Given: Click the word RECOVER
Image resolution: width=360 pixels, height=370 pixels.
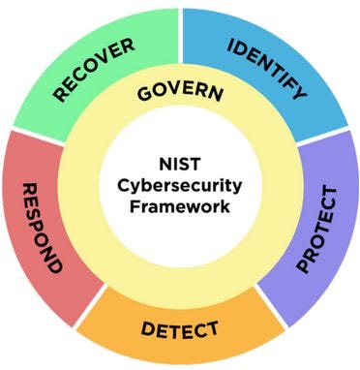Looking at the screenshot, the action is coord(93,70).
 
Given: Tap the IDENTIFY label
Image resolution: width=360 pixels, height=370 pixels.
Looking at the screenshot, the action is coord(266,70).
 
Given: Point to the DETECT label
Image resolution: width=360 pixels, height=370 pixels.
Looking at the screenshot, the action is coord(180,329).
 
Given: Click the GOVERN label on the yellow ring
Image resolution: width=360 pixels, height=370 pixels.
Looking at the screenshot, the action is coord(180,94).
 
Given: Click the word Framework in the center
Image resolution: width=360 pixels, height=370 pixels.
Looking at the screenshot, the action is coord(180,205).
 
